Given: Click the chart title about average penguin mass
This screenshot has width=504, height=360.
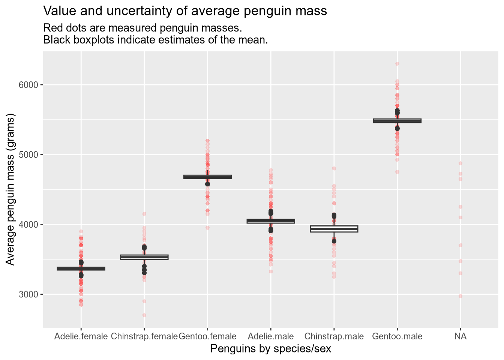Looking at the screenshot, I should pyautogui.click(x=185, y=11).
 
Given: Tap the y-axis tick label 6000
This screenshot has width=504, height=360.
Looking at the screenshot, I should pyautogui.click(x=28, y=85).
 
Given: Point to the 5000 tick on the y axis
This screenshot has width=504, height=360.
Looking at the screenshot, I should pyautogui.click(x=28, y=154).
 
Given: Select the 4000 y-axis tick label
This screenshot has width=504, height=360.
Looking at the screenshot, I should pyautogui.click(x=28, y=224).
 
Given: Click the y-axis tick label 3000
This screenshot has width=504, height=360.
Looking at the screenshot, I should pyautogui.click(x=28, y=294).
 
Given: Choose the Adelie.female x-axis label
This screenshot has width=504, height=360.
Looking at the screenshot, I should pyautogui.click(x=81, y=336).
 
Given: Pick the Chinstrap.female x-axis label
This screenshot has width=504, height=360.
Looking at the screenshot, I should pyautogui.click(x=144, y=336).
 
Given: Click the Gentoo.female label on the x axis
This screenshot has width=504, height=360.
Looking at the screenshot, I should pyautogui.click(x=207, y=336).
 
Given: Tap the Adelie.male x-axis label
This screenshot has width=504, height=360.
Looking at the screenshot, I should pyautogui.click(x=271, y=336).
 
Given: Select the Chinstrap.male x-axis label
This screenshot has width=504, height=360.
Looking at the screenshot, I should pyautogui.click(x=334, y=336).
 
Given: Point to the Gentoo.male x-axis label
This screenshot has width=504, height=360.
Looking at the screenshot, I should pyautogui.click(x=397, y=336).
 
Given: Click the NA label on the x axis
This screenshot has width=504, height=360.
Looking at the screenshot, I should pyautogui.click(x=460, y=336).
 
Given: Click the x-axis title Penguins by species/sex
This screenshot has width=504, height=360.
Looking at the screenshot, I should pyautogui.click(x=271, y=349).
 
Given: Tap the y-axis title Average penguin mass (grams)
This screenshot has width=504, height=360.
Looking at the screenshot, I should pyautogui.click(x=11, y=191).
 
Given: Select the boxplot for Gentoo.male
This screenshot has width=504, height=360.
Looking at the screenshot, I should pyautogui.click(x=397, y=121).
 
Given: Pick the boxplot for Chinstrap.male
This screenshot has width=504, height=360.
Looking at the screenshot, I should pyautogui.click(x=334, y=229).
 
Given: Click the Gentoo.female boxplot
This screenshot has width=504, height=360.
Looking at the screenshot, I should pyautogui.click(x=207, y=177).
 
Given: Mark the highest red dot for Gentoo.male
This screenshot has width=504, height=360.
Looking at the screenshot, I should pyautogui.click(x=397, y=64).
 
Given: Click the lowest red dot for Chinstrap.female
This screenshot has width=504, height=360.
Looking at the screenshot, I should pyautogui.click(x=144, y=315).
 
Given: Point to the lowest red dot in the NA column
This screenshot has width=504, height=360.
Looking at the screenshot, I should pyautogui.click(x=460, y=296).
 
